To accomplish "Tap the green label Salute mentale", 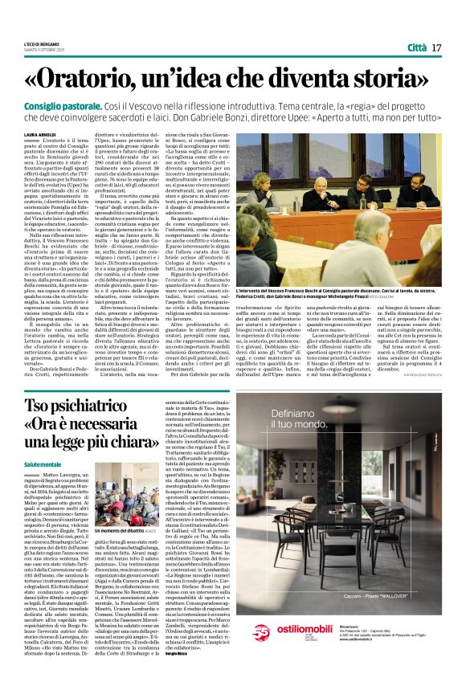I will pos(43,464).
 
